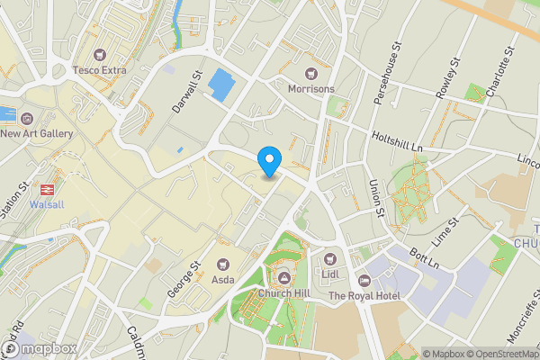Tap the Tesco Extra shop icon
pos(100,54)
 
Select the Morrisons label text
pos(310,89)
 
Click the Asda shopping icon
pos(223,264)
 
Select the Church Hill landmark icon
pos(285,277)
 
